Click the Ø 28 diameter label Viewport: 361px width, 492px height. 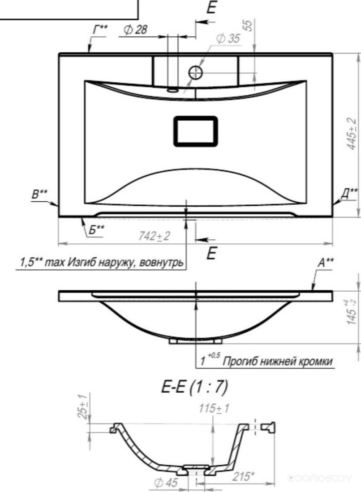click(135, 30)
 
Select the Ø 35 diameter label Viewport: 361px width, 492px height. click(228, 39)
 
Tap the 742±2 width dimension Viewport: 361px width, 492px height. click(154, 236)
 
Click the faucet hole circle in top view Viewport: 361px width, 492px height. click(196, 72)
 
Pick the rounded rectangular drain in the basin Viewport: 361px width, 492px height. click(195, 131)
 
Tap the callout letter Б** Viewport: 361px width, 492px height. click(95, 230)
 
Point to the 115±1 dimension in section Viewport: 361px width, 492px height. click(213, 408)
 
